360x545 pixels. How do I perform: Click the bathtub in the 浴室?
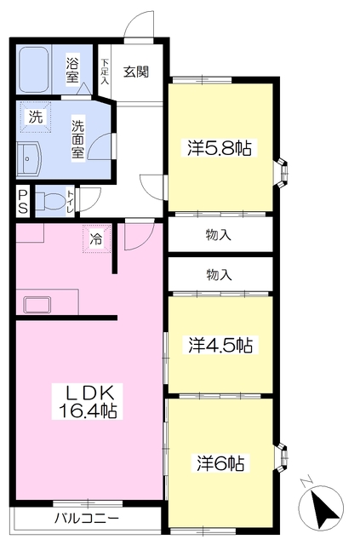tap(34, 70)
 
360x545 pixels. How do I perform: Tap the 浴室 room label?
tap(72, 68)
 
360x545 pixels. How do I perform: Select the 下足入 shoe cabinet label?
tap(105, 72)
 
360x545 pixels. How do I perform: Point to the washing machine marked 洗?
tap(35, 117)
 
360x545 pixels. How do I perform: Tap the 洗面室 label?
tap(77, 139)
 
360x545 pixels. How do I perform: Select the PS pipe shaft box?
tap(23, 202)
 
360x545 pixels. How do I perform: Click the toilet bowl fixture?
tap(50, 201)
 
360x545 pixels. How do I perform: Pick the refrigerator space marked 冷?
tap(96, 238)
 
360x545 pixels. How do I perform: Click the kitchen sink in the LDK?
tap(37, 305)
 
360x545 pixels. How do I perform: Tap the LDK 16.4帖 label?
tap(87, 401)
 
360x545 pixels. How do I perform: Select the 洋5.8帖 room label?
tap(220, 148)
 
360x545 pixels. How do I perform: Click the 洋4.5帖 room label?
tap(220, 344)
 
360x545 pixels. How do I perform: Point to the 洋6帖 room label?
tap(220, 462)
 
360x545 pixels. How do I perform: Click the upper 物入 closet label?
tap(219, 235)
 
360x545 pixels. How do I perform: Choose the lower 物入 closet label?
tap(219, 275)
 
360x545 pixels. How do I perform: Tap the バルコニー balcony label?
tap(87, 519)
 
